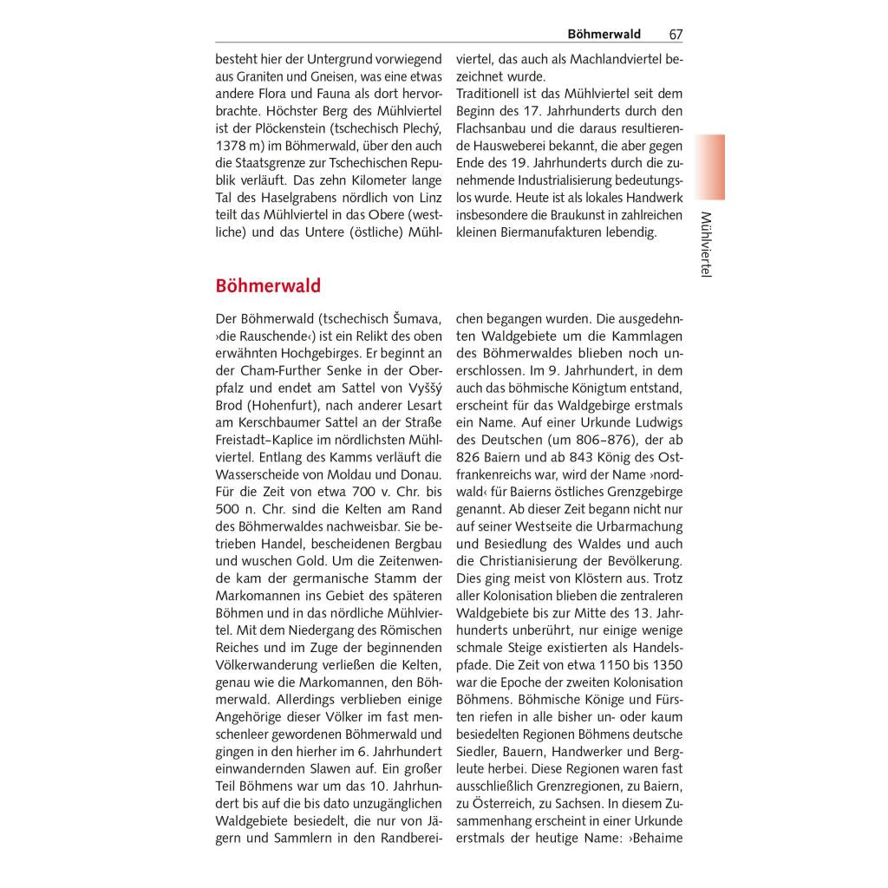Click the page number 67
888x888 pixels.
(676, 35)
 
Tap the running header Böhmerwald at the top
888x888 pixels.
(604, 35)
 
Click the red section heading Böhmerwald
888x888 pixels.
(268, 286)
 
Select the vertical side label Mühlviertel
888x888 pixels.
(705, 245)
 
